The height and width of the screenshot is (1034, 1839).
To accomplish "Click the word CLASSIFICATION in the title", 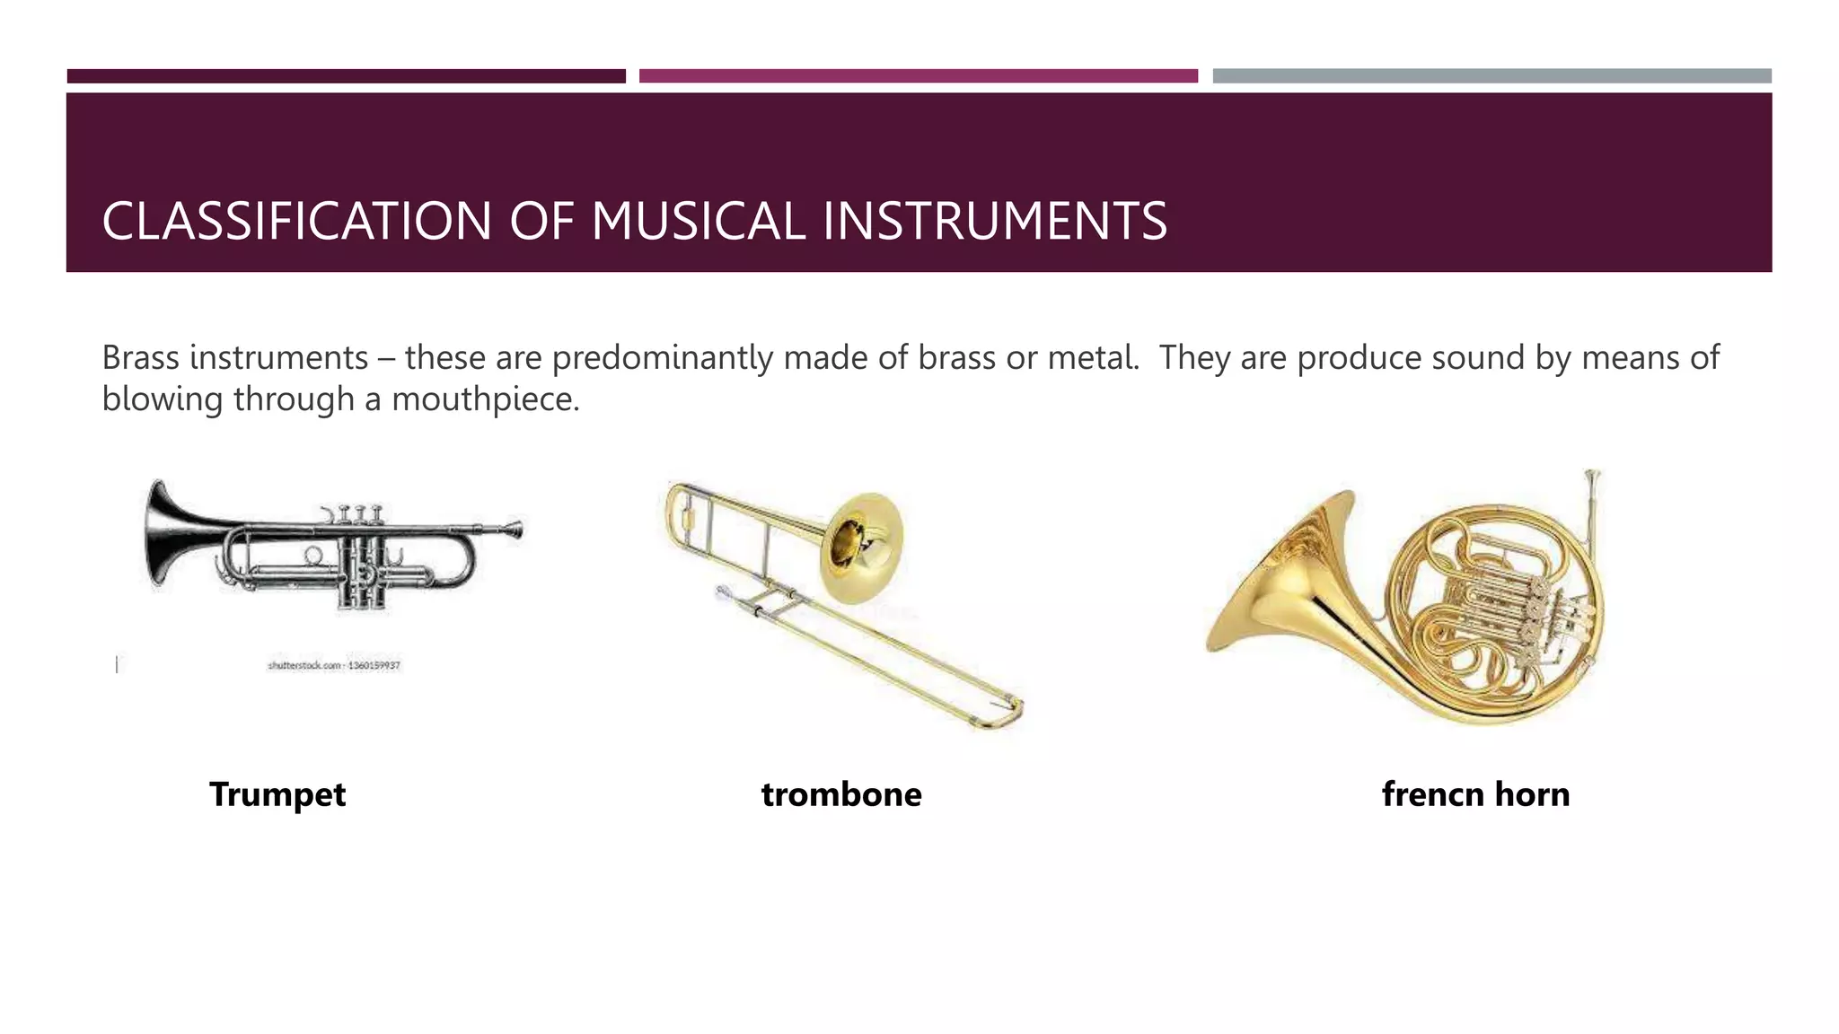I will pyautogui.click(x=296, y=222).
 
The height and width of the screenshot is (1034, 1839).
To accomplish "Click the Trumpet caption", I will pyautogui.click(x=277, y=794).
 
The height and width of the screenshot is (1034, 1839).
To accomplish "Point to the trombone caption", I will pyautogui.click(x=841, y=794).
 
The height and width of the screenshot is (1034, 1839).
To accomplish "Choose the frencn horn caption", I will pyautogui.click(x=1475, y=794).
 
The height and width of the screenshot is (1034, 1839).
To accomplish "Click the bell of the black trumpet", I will pyautogui.click(x=163, y=536).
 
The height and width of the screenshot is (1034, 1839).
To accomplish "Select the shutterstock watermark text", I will pyautogui.click(x=333, y=666).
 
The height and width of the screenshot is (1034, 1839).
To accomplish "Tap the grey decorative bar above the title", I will pyautogui.click(x=1491, y=76).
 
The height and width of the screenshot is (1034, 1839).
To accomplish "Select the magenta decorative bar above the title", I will pyautogui.click(x=918, y=76).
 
